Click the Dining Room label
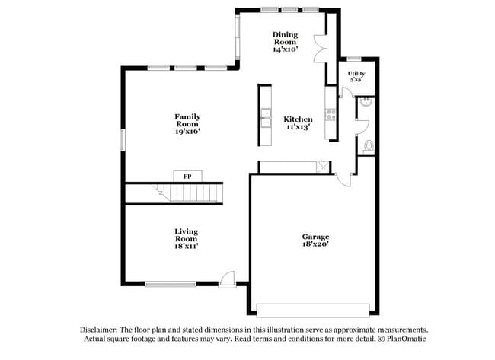pyautogui.click(x=285, y=38)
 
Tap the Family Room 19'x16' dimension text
pyautogui.click(x=187, y=132)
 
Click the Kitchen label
pyautogui.click(x=298, y=119)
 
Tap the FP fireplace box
pyautogui.click(x=187, y=176)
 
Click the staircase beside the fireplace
pyautogui.click(x=174, y=193)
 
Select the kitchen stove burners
pyautogui.click(x=331, y=115)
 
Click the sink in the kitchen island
pyautogui.click(x=265, y=116)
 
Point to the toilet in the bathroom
pyautogui.click(x=369, y=146)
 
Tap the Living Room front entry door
pyautogui.click(x=227, y=279)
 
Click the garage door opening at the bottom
pyautogui.click(x=314, y=310)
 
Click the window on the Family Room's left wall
pyautogui.click(x=122, y=140)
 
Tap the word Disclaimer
pyautogui.click(x=100, y=330)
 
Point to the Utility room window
pyautogui.click(x=353, y=59)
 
